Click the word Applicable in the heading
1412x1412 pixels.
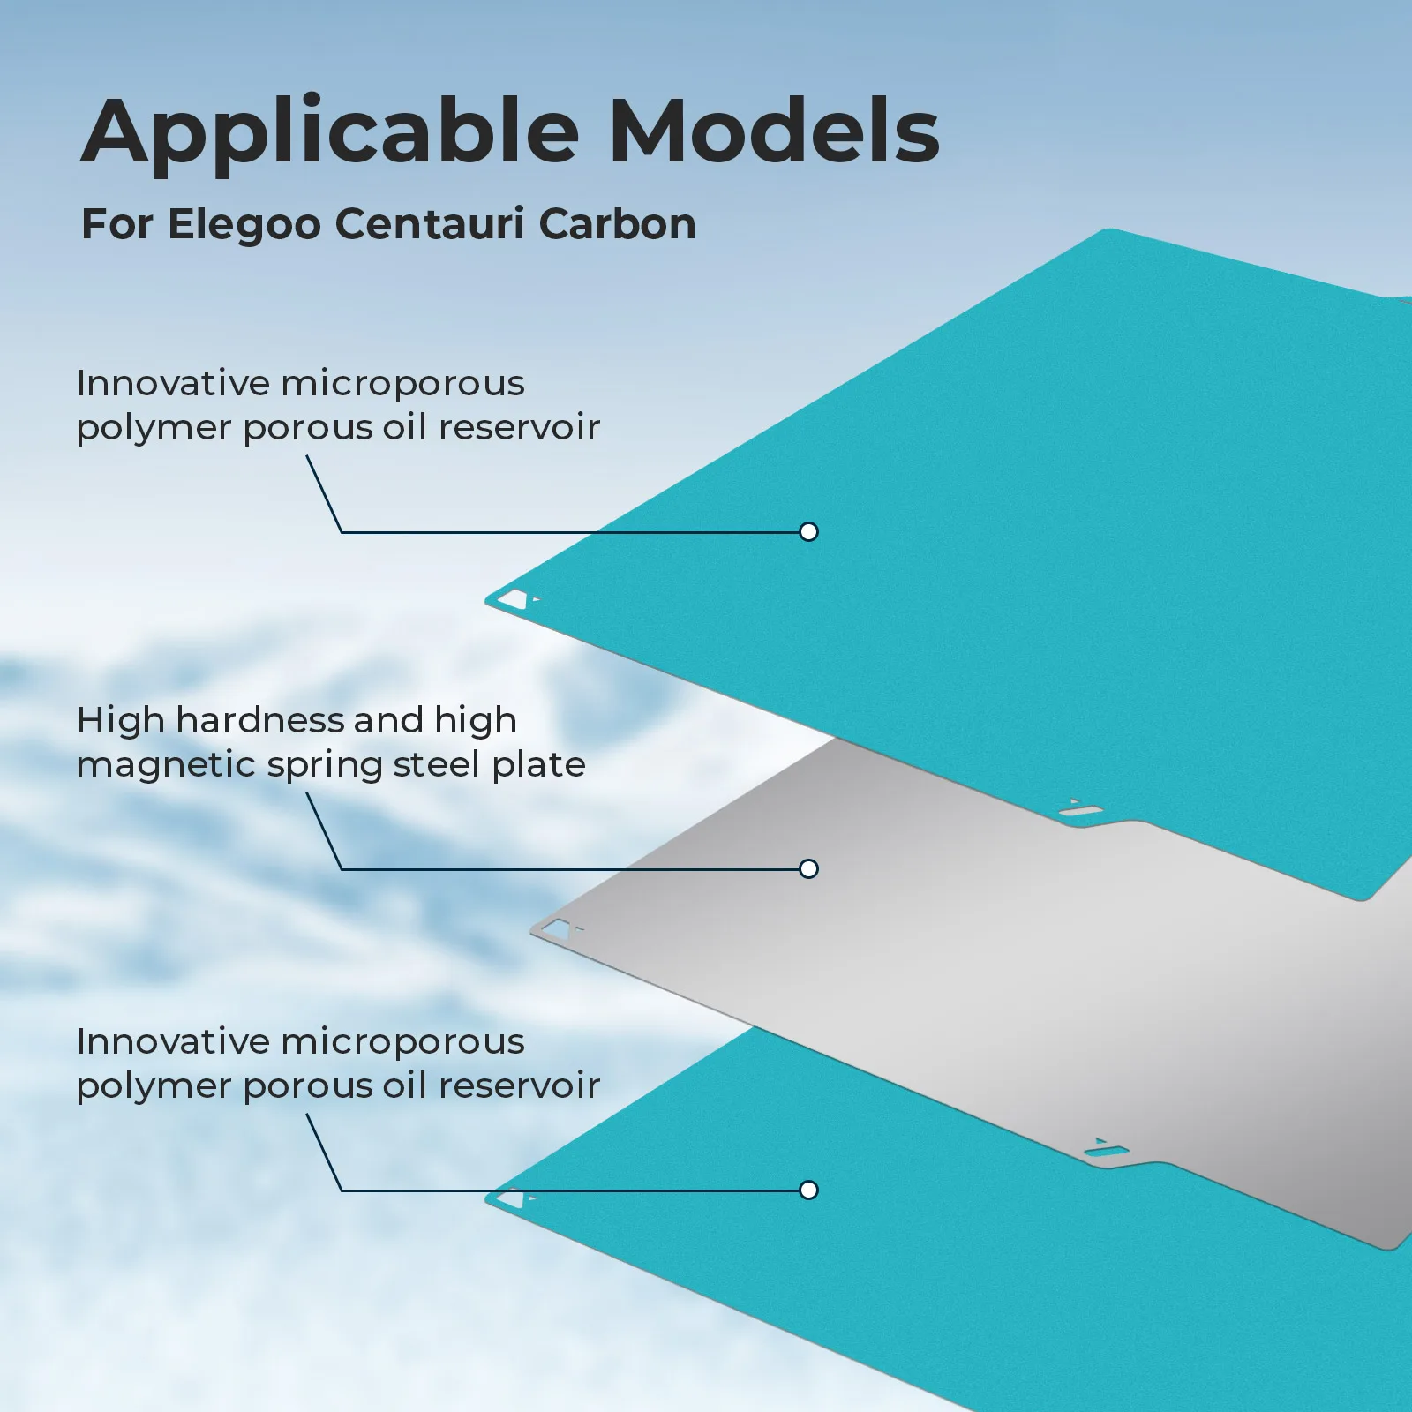point(330,132)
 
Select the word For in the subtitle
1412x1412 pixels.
point(117,224)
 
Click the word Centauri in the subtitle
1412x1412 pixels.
point(430,224)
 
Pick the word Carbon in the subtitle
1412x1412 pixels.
point(617,224)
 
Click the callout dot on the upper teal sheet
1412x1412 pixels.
point(808,531)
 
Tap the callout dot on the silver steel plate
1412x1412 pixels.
point(808,868)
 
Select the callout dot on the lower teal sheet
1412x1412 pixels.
point(808,1190)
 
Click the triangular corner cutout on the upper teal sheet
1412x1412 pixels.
point(514,600)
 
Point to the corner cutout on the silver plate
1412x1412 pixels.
point(556,928)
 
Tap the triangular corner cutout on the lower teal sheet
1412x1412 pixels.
point(512,1199)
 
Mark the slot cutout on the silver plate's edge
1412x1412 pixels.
point(1107,1150)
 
